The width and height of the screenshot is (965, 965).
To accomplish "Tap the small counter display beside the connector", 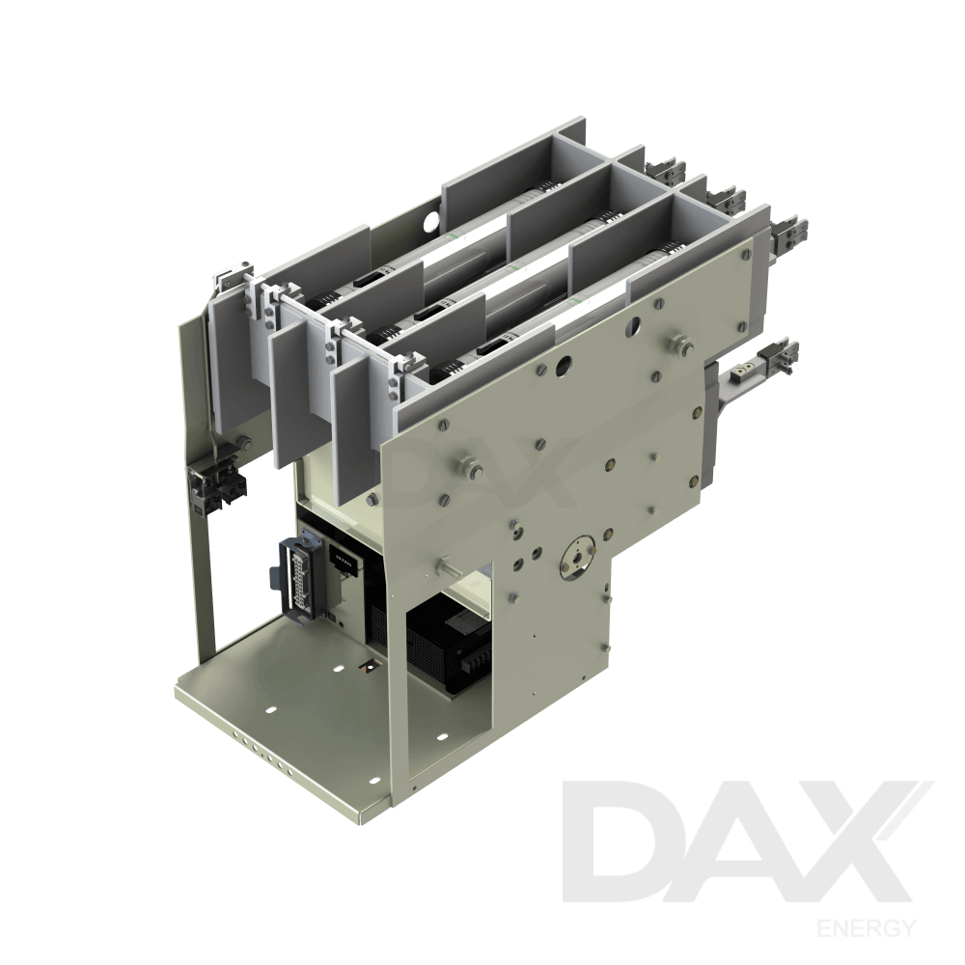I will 343,561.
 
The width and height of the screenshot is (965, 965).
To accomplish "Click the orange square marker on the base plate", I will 367,666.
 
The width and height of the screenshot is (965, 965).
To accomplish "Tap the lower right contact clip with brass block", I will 762,364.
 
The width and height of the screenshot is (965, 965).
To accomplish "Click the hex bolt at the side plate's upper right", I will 681,344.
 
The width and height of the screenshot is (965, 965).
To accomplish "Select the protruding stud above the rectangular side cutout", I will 447,567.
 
